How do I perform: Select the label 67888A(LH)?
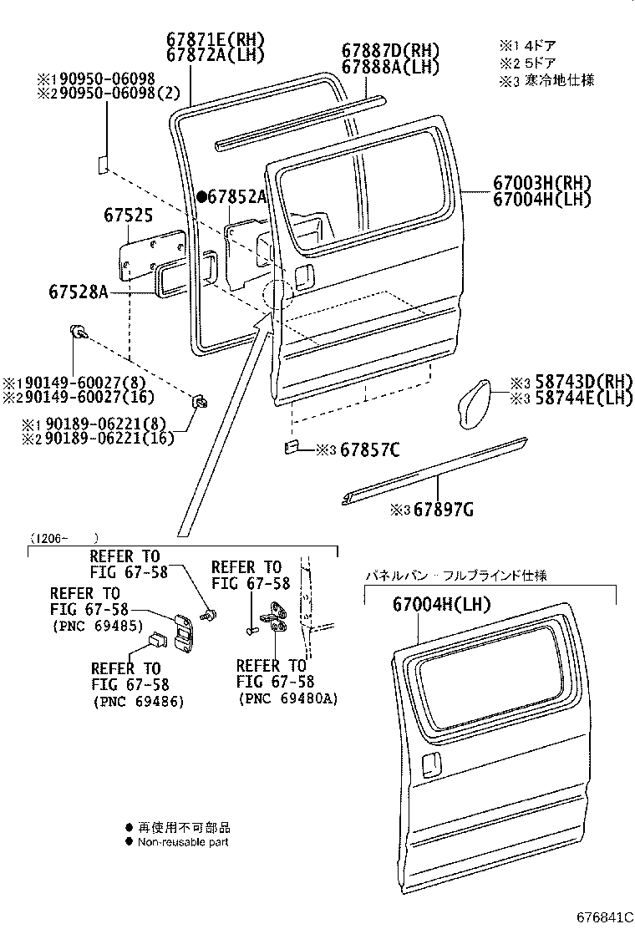[390, 67]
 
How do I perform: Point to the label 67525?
[128, 216]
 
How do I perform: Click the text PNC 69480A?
[288, 698]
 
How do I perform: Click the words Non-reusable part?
[183, 842]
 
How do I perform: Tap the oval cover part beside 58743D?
[476, 403]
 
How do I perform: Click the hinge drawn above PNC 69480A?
[274, 617]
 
